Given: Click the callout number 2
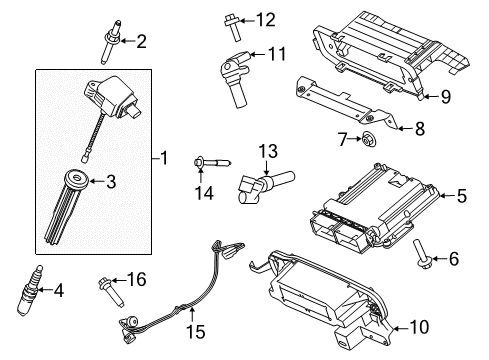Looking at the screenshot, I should (x=140, y=41).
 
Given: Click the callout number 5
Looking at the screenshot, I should (x=462, y=197).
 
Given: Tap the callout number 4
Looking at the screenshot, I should (x=59, y=291).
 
